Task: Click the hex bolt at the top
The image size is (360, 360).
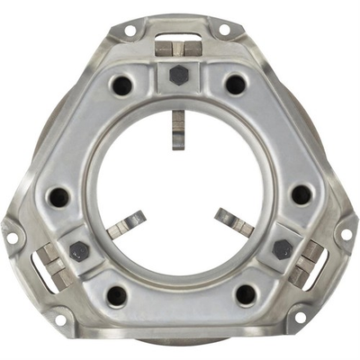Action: [179, 75]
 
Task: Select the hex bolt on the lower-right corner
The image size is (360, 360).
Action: [282, 249]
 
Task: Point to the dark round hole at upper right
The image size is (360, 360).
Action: [235, 85]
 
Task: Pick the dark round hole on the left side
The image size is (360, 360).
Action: [59, 195]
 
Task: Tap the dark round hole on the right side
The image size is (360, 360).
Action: [301, 194]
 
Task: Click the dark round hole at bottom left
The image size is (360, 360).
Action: [116, 294]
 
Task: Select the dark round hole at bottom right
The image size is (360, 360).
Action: [246, 294]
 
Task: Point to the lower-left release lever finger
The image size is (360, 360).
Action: [126, 224]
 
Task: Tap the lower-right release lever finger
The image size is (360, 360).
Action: [233, 223]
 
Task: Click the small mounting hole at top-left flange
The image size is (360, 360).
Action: [130, 30]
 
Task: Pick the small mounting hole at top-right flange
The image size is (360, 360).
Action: [223, 30]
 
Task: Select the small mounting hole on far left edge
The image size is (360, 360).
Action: [12, 238]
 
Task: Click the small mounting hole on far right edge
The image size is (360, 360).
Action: [346, 235]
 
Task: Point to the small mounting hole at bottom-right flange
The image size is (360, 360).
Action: [301, 317]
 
